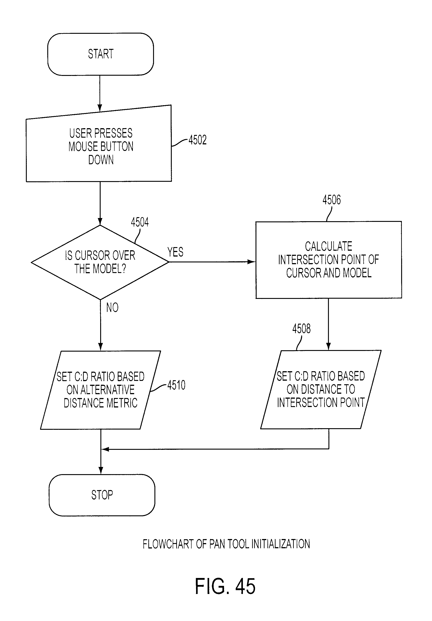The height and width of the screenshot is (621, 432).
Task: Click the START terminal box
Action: coord(101,54)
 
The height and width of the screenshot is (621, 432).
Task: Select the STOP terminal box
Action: coord(102,495)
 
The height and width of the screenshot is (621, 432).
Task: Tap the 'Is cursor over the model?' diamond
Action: coord(100,262)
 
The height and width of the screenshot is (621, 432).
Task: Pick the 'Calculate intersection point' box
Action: coord(329,260)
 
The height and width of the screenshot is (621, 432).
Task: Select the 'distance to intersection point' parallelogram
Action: coord(321,389)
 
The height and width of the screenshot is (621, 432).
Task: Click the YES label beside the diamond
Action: coord(175,252)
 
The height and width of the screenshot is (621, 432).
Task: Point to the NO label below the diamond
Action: coord(112,307)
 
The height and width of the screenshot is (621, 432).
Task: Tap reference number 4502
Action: coord(198,140)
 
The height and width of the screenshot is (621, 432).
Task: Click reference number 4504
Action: coord(140,222)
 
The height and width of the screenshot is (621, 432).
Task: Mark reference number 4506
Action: coord(332,200)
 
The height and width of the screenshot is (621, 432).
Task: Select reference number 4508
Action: coord(301,329)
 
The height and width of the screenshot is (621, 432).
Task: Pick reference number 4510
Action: coord(176,385)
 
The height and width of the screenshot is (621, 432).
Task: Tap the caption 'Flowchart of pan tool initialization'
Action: coord(226,544)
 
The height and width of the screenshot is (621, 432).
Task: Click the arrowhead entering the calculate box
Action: coord(252,262)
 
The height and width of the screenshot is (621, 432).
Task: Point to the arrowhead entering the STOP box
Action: coord(101,471)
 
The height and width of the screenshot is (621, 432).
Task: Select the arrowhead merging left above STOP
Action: coord(105,449)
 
